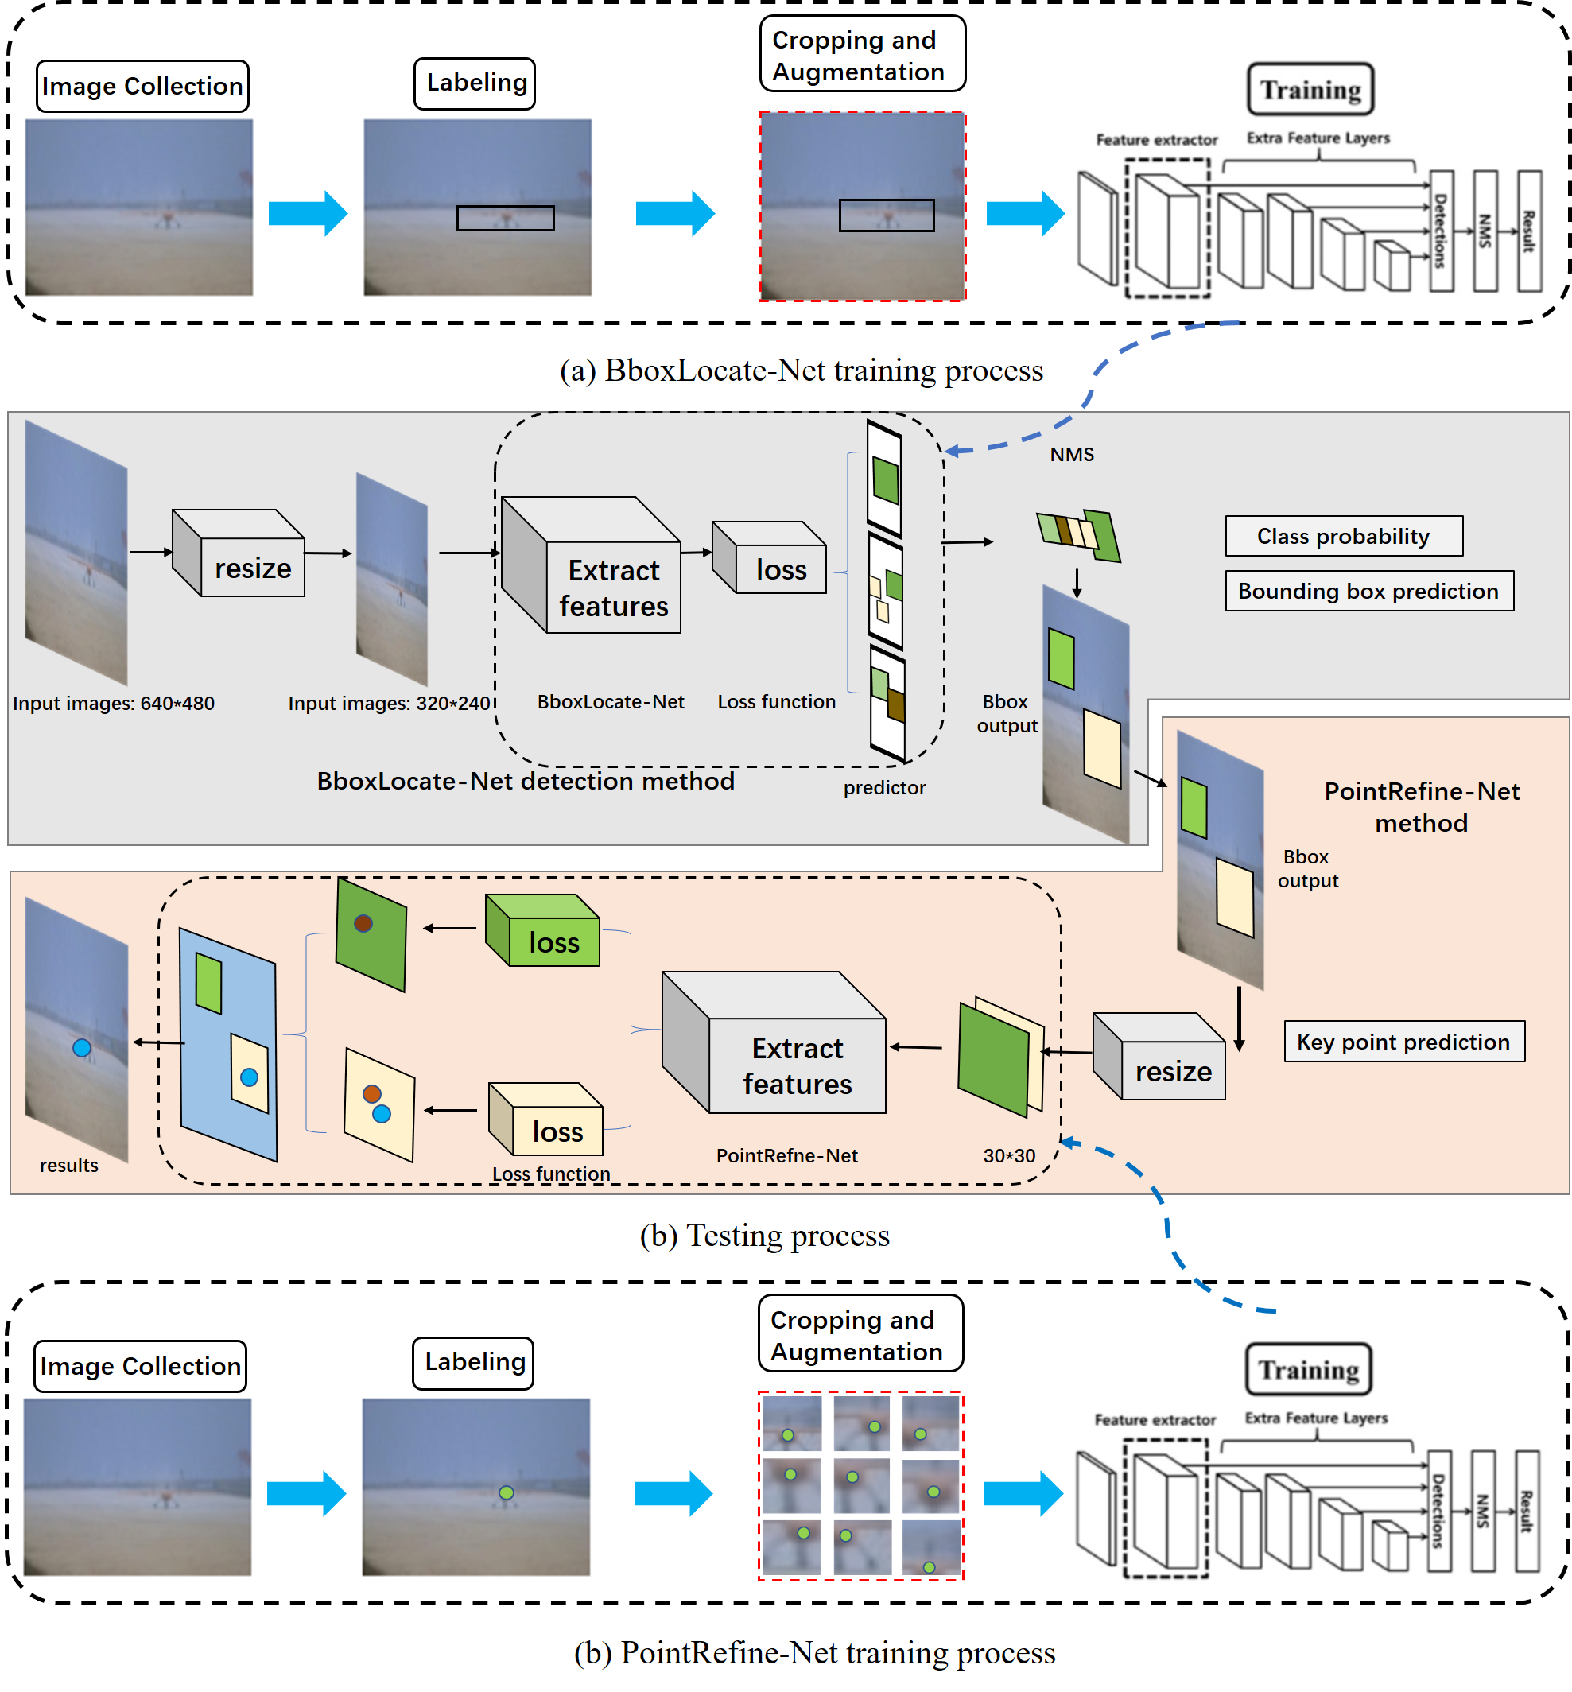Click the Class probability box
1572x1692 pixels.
[1343, 536]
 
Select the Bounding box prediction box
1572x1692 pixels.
[1368, 590]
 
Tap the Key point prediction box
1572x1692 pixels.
[1403, 1042]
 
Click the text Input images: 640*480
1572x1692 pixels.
[113, 704]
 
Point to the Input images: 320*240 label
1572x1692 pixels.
[390, 704]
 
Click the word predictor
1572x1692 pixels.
[884, 788]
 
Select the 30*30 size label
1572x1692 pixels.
[1009, 1155]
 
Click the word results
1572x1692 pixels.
[69, 1165]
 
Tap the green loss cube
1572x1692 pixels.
[545, 933]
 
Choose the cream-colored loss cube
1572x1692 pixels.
[548, 1120]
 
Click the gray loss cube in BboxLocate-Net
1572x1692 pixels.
[770, 559]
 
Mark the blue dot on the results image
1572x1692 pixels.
[82, 1048]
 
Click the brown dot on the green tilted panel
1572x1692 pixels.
[363, 923]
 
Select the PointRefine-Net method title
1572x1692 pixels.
[1421, 806]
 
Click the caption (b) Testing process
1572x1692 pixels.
[764, 1235]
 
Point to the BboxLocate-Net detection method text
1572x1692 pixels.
[525, 781]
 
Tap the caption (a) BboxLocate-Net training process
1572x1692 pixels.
[801, 371]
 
